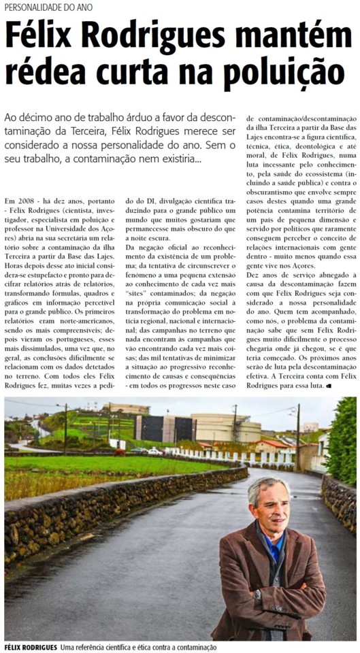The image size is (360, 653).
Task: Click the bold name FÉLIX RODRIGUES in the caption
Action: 29,647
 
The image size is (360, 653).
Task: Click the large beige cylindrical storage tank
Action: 226,428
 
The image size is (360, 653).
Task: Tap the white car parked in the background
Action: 154,451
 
